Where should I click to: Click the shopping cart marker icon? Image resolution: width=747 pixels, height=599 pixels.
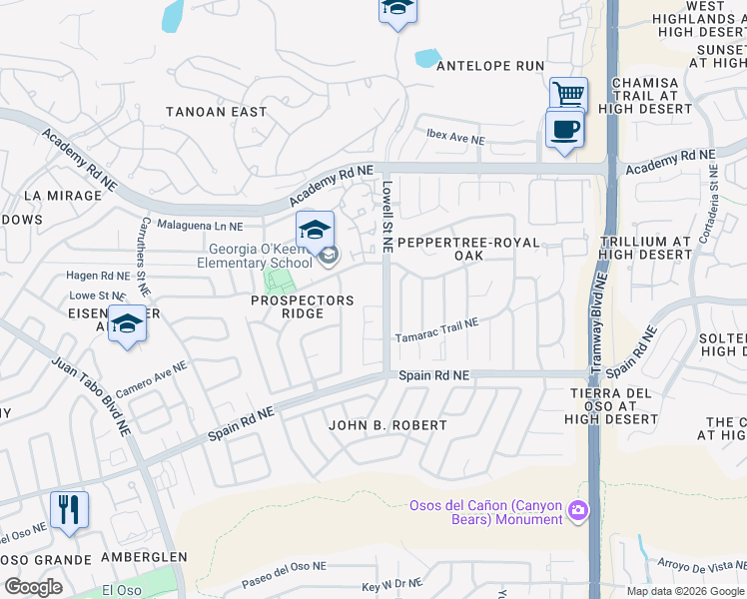coord(568,96)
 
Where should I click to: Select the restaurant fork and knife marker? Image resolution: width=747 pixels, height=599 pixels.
coord(69,510)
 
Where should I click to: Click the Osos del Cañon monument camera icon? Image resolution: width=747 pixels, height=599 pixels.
coord(577,512)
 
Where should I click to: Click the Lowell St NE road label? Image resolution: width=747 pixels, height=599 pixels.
coord(386,217)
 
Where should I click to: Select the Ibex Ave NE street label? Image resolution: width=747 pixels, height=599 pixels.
coord(454,134)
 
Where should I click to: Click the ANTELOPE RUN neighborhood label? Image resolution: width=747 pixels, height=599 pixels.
coord(489,66)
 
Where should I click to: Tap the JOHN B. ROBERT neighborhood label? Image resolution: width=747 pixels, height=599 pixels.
coord(388,425)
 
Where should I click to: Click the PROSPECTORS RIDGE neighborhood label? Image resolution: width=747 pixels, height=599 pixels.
coord(302,306)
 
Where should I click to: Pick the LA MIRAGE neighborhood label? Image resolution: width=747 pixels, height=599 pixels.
coord(62,196)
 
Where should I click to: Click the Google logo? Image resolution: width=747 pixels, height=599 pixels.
coord(34,586)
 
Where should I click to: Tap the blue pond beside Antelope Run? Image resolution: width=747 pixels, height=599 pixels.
coord(427,58)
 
